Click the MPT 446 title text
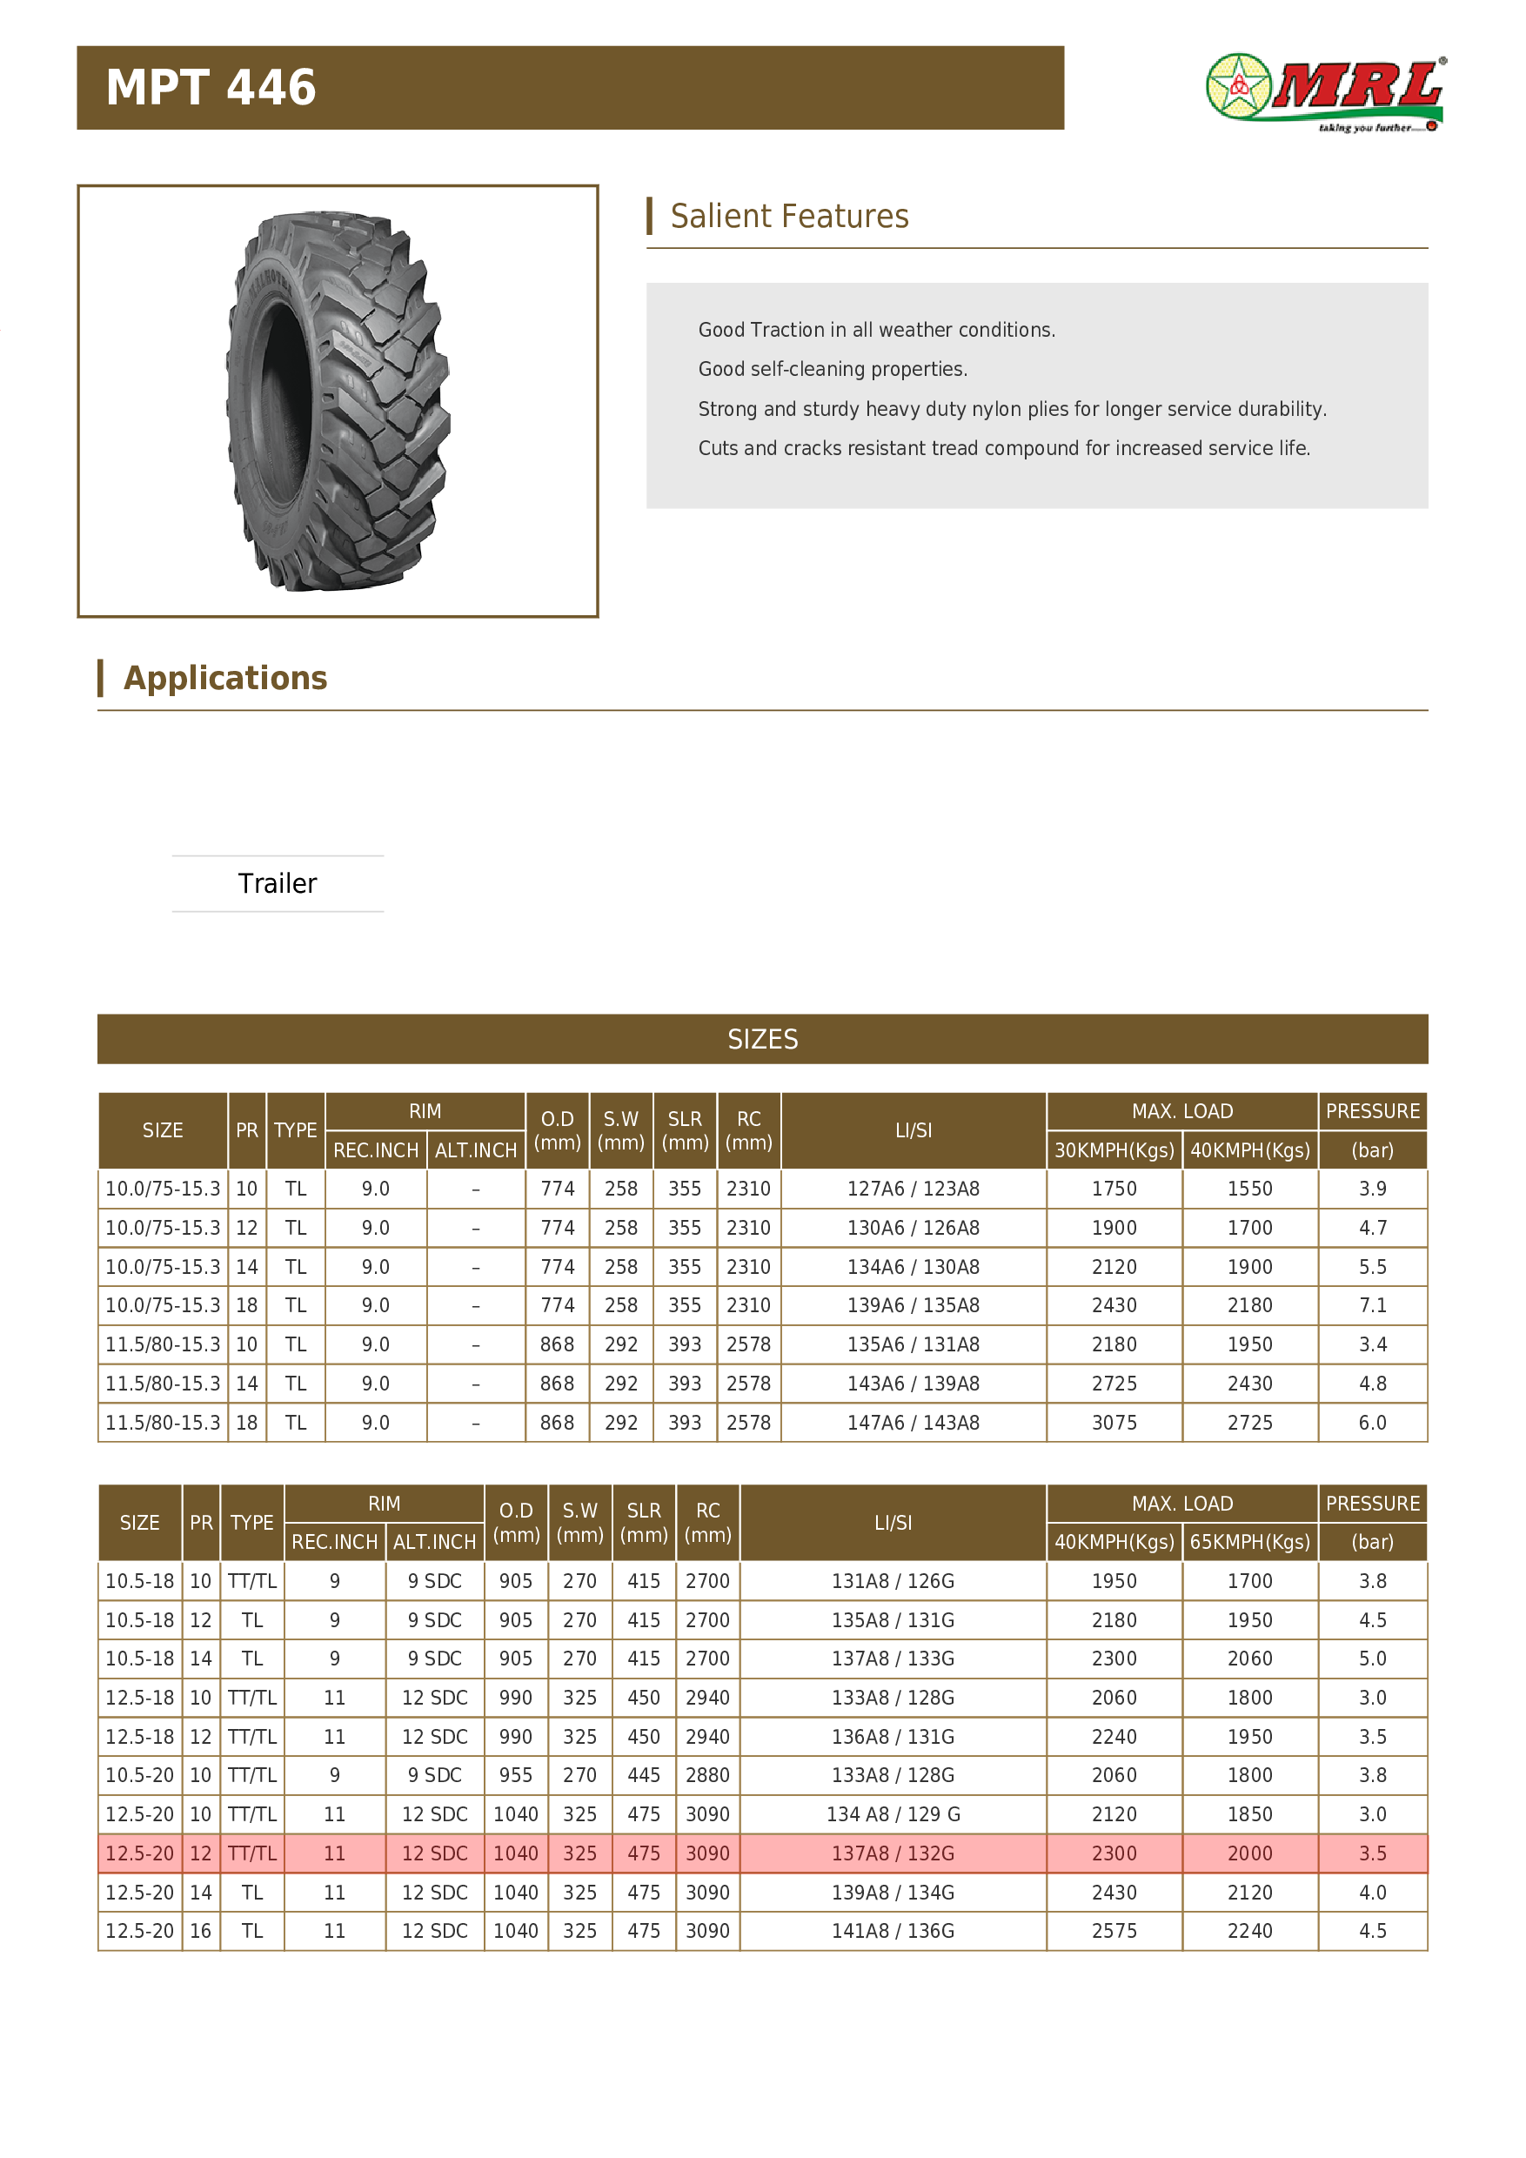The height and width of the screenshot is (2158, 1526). (211, 87)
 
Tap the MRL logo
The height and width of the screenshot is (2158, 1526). (1325, 92)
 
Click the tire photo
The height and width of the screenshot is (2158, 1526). (338, 402)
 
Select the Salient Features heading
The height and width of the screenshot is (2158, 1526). (789, 216)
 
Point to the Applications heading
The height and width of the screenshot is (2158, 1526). (225, 678)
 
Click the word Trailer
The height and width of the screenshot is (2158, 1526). (278, 883)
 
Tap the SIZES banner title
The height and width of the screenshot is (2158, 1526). (762, 1039)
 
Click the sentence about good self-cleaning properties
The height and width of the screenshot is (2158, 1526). (833, 368)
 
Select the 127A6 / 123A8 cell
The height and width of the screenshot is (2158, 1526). (914, 1188)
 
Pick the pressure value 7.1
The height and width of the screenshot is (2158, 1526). (1372, 1304)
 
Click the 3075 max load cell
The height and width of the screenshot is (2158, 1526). (1114, 1422)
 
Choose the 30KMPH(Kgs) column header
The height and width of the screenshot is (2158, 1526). (1114, 1149)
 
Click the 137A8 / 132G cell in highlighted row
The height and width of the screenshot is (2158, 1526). (893, 1853)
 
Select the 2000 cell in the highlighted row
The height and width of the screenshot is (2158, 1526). (1249, 1853)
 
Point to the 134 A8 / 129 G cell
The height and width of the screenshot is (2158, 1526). (893, 1814)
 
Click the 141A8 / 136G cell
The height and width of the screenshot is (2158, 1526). (893, 1931)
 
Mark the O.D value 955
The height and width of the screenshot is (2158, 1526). (516, 1774)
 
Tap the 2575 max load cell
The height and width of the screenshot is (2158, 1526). (1114, 1931)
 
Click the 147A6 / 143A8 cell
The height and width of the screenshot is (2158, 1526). (914, 1422)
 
